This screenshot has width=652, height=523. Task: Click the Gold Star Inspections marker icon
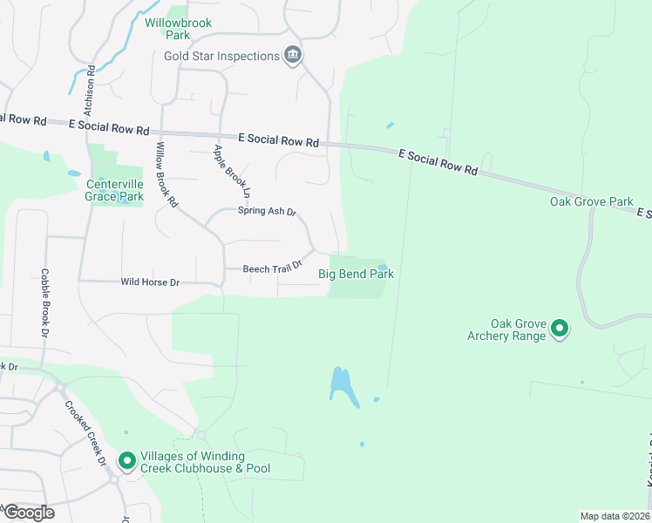point(293,56)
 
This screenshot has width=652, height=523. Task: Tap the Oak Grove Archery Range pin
point(560,329)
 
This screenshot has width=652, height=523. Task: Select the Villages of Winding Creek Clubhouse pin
point(127,459)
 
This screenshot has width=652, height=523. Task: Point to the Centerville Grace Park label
point(114,190)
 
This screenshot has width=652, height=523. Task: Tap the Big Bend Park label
point(356,274)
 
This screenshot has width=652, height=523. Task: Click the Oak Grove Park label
point(591,201)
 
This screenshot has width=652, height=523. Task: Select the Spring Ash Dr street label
point(268,212)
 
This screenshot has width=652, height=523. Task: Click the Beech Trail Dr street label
point(272,268)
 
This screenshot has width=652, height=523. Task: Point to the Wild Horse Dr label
point(150,282)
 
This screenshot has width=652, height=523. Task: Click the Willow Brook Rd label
point(166,174)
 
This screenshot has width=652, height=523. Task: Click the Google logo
point(28,513)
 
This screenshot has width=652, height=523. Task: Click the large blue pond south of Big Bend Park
point(343,386)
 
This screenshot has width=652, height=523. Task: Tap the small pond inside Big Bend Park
point(382,266)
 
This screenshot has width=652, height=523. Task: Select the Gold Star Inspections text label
point(221,56)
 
